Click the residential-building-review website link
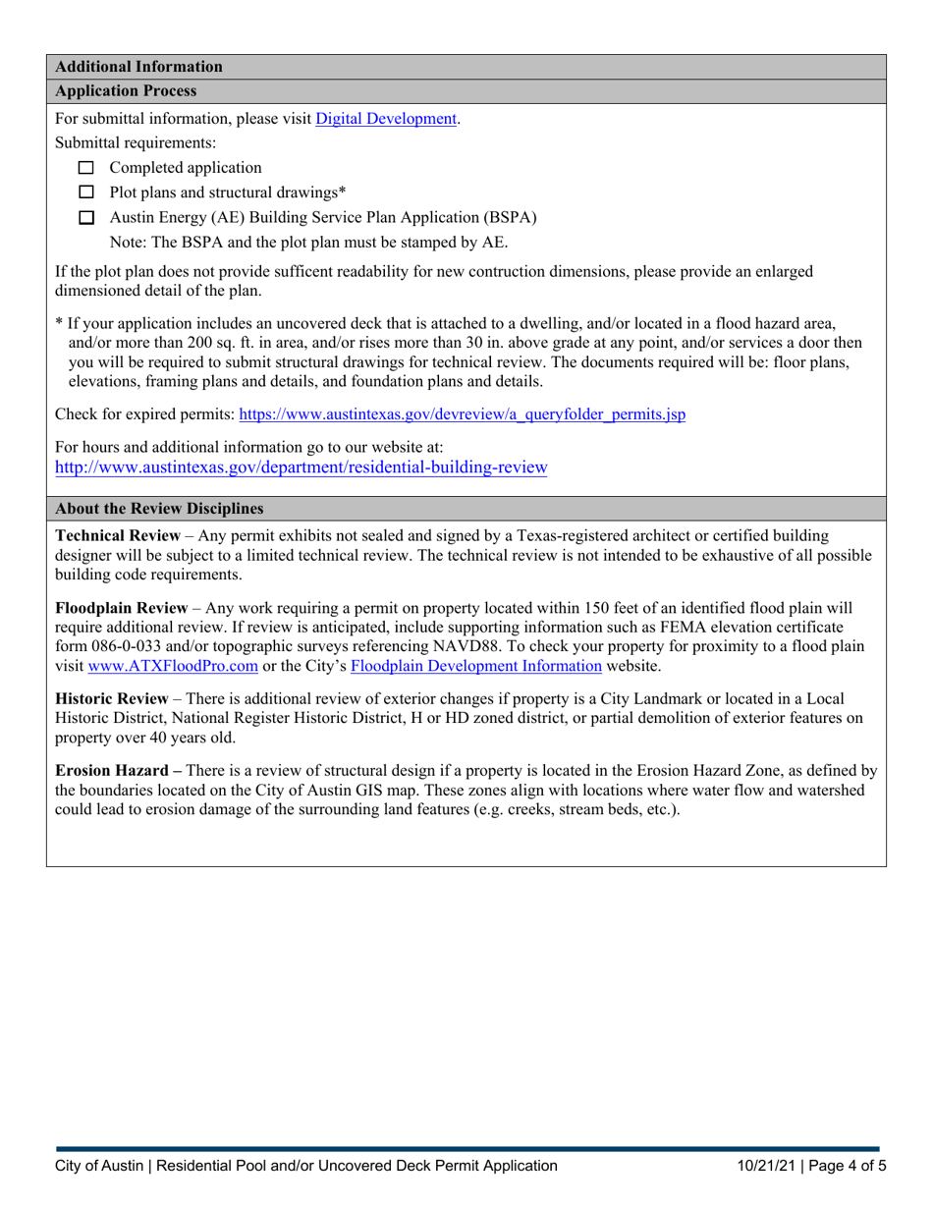coord(301,468)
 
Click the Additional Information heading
coord(138,67)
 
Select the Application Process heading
coord(127,91)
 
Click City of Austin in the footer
coord(96,1167)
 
